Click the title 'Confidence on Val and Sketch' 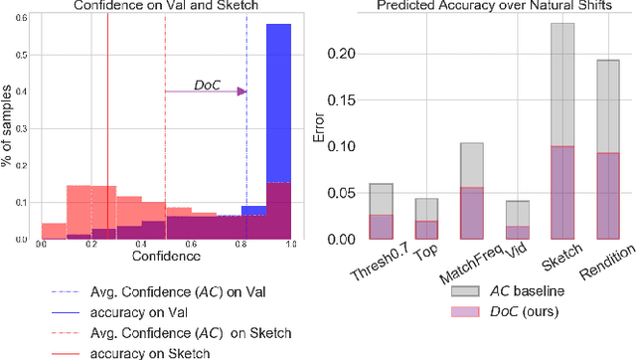165,8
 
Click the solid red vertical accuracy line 107,129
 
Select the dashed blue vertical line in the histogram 246,129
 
